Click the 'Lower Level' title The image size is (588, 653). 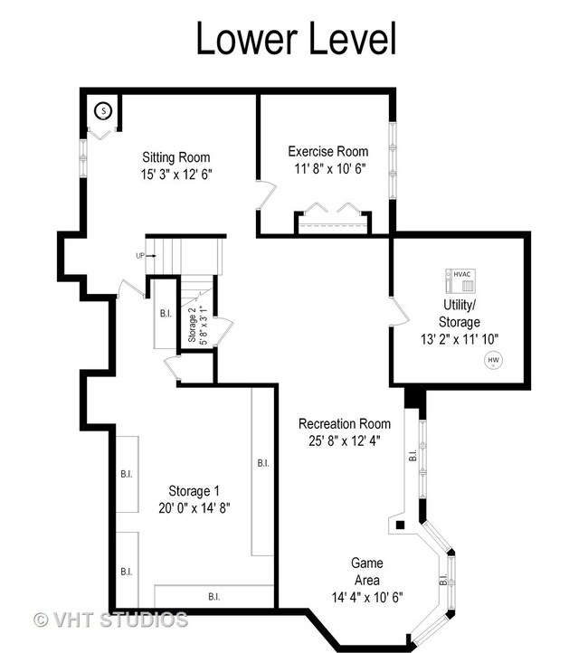(x=296, y=38)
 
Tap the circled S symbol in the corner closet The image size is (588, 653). (x=104, y=111)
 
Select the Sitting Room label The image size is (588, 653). (x=176, y=157)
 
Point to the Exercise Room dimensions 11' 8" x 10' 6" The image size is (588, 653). (x=330, y=168)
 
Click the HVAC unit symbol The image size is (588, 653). (x=460, y=280)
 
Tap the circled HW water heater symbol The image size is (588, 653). (x=494, y=360)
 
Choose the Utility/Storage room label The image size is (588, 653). (x=460, y=313)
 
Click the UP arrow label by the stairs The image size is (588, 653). (x=146, y=256)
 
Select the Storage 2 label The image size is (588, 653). (x=192, y=327)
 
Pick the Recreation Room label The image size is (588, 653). (x=345, y=423)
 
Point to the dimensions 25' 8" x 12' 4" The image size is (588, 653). (x=345, y=440)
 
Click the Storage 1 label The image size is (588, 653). (x=194, y=491)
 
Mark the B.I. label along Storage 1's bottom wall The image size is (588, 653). (x=214, y=597)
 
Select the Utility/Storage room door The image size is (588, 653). (x=400, y=311)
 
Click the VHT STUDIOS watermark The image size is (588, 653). (x=110, y=620)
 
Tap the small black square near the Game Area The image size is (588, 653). (x=400, y=525)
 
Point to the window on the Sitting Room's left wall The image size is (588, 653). (x=83, y=158)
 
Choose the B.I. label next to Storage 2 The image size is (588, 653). (x=166, y=313)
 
